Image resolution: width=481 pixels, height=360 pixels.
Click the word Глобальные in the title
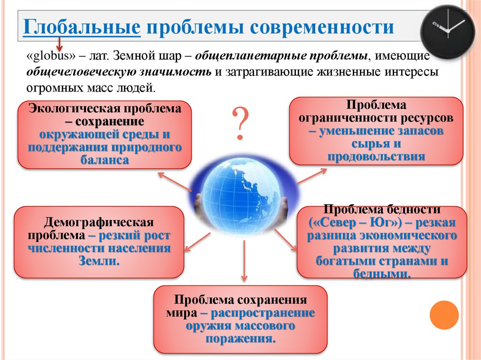point(83,28)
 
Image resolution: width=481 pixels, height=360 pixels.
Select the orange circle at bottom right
point(444,314)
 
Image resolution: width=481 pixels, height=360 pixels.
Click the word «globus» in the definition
point(52,57)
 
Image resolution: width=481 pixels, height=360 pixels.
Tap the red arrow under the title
point(60,46)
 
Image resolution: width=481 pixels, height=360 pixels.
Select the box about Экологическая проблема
point(105,134)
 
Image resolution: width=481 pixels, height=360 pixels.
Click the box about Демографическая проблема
point(99,242)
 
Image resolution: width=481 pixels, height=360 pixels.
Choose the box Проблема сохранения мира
point(240,319)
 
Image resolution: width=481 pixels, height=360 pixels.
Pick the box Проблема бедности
point(381,241)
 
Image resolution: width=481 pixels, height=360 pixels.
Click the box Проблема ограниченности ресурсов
point(376,130)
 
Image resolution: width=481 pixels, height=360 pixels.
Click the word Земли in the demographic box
point(99,260)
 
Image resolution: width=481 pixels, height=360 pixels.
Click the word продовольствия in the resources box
point(376,156)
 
